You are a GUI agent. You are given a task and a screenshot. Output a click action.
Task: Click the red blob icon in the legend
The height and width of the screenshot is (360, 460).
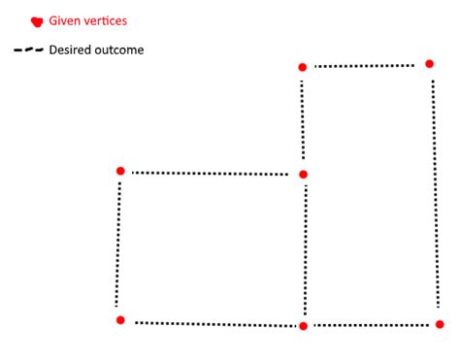37,20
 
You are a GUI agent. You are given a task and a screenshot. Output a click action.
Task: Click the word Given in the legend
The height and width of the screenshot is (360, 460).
65,19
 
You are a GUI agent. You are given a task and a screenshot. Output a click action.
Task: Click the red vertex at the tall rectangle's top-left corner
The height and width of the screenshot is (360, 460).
303,67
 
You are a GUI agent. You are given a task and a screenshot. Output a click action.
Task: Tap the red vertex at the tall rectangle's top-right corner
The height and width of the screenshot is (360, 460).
429,64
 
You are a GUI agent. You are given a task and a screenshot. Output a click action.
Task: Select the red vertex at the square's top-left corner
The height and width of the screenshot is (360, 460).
120,171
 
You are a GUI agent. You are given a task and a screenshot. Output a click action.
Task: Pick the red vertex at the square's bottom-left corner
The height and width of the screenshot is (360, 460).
120,319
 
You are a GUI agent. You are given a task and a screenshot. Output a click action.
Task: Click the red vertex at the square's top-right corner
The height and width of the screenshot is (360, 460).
303,175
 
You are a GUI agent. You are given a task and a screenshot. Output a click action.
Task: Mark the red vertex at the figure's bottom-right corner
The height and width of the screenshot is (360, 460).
439,324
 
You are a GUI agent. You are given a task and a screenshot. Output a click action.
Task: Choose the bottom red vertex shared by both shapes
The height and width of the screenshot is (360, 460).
304,326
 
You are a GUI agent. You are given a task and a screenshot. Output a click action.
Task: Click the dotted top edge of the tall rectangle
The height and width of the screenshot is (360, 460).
366,66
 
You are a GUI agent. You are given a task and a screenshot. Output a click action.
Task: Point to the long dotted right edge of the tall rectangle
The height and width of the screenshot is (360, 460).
434,194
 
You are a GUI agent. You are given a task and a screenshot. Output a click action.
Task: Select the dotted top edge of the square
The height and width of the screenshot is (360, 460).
211,174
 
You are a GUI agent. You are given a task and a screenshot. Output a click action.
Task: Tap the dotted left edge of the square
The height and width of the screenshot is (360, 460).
118,245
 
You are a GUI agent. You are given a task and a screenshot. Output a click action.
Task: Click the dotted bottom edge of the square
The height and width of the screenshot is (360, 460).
212,323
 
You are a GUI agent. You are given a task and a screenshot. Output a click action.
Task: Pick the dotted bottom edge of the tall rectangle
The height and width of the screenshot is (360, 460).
371,325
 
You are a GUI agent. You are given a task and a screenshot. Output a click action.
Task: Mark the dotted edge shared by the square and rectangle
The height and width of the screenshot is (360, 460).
305,250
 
